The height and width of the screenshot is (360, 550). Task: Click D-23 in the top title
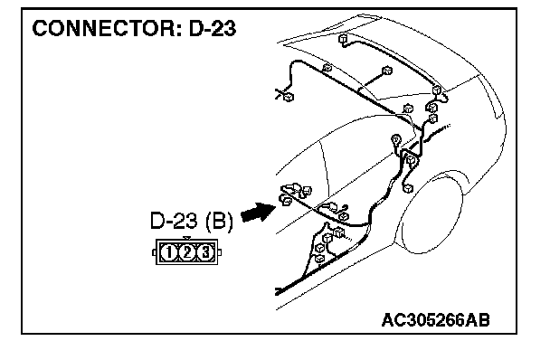point(213,28)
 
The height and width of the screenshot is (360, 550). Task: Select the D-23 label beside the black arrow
point(174,221)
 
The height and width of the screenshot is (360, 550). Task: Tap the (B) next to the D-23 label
point(219,221)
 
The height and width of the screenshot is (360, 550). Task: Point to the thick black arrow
point(259,212)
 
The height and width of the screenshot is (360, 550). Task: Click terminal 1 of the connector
point(169,252)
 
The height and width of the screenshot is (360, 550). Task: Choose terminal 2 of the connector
point(187,252)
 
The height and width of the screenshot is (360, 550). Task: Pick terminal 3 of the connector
point(205,252)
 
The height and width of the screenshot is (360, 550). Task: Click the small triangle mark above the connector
point(187,238)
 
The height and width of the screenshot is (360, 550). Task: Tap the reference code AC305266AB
point(435,320)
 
